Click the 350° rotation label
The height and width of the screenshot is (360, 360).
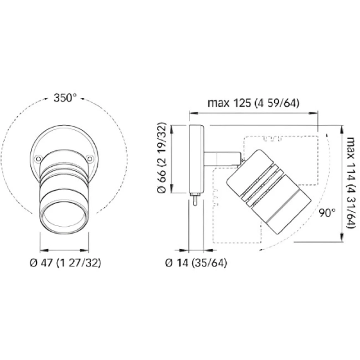pyautogui.click(x=65, y=98)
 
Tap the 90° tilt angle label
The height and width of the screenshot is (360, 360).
pyautogui.click(x=327, y=213)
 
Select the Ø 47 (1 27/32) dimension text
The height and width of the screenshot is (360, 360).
pyautogui.click(x=66, y=263)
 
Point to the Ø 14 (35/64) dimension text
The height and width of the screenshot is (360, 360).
pyautogui.click(x=196, y=263)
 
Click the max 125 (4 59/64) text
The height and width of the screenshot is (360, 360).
pyautogui.click(x=253, y=103)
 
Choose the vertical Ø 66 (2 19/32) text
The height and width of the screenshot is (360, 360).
pyautogui.click(x=162, y=158)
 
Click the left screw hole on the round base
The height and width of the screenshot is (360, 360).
pyautogui.click(x=38, y=159)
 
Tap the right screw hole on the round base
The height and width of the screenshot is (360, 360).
pyautogui.click(x=90, y=159)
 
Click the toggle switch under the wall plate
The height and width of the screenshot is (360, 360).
pyautogui.click(x=195, y=200)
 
